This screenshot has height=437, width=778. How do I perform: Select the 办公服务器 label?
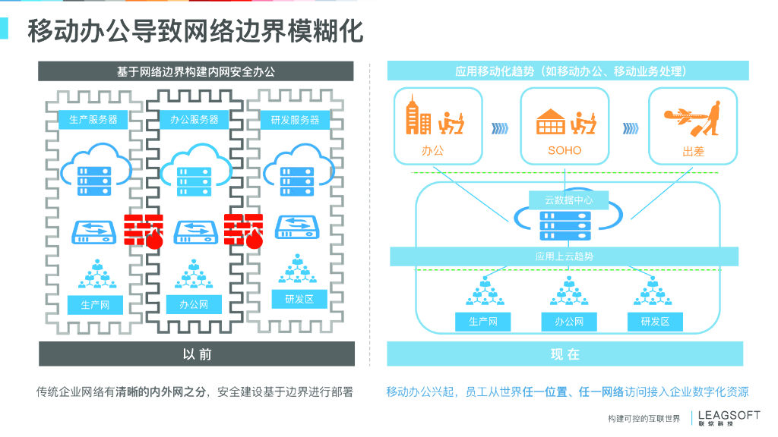click(194, 120)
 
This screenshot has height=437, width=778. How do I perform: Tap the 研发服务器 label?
click(296, 120)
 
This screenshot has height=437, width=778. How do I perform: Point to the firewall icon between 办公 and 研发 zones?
click(245, 231)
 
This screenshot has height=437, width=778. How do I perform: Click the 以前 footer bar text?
click(197, 354)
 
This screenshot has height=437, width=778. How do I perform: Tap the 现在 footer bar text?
click(565, 354)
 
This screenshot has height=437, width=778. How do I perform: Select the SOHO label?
click(565, 150)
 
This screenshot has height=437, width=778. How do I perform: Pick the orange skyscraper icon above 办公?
click(418, 116)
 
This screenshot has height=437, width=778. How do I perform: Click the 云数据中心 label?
click(565, 200)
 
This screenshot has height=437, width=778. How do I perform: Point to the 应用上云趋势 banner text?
click(565, 256)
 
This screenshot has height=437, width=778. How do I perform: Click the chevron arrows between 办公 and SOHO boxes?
click(501, 127)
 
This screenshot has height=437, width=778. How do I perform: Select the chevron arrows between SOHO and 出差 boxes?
click(629, 127)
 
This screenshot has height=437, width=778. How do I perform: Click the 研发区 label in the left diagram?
click(299, 300)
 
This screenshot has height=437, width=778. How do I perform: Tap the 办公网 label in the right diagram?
click(569, 322)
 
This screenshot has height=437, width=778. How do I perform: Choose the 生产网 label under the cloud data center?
click(482, 322)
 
